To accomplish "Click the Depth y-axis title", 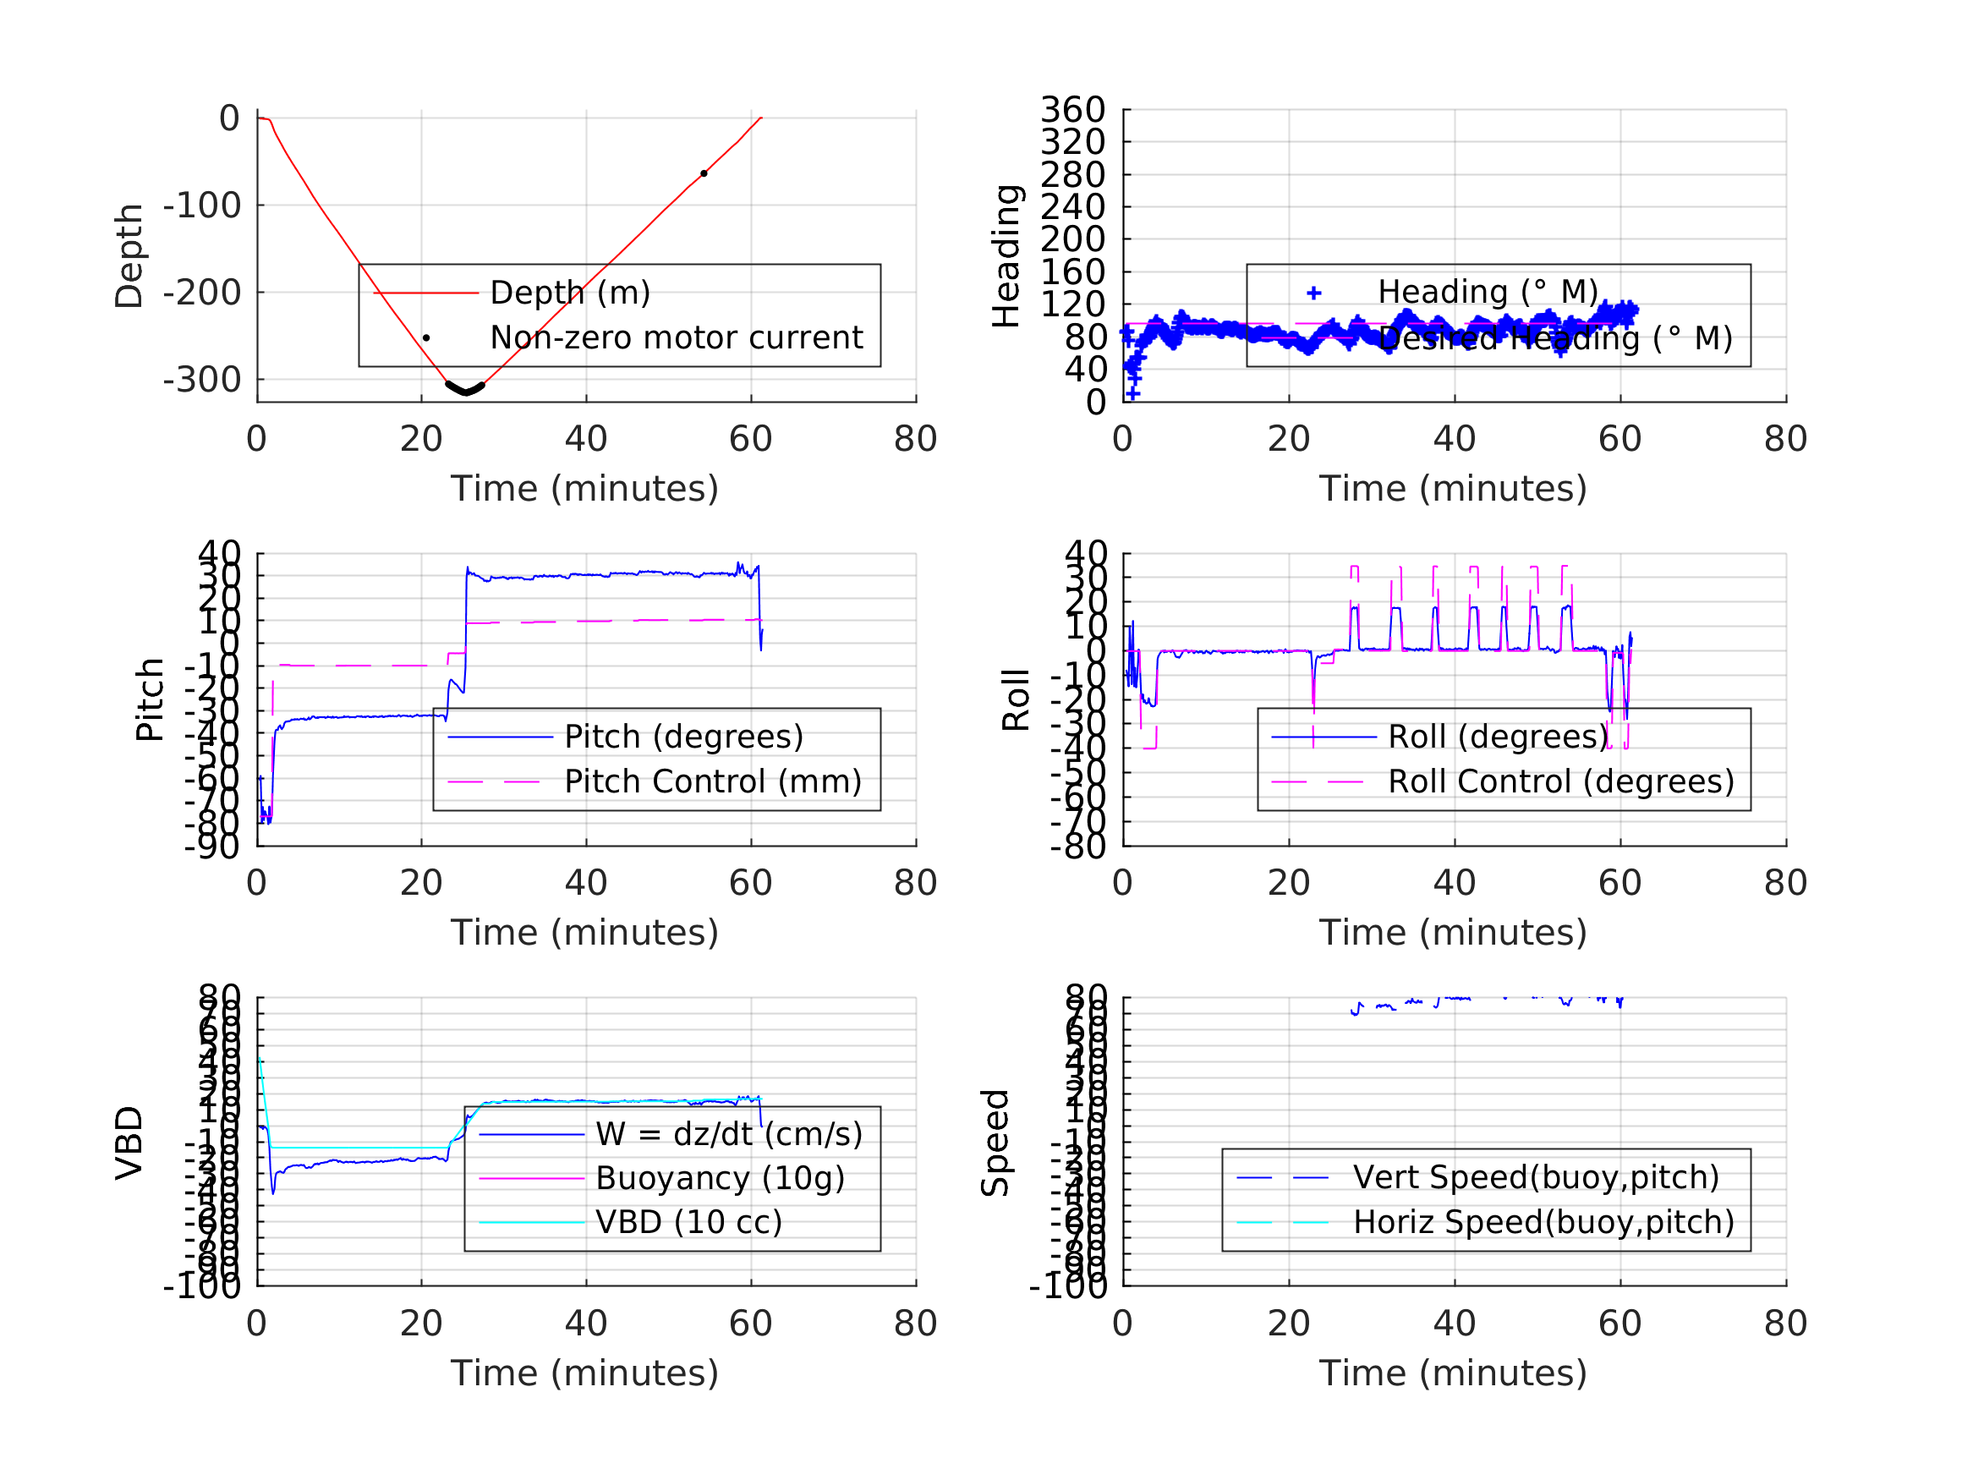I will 129,256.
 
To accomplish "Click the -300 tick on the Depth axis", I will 201,380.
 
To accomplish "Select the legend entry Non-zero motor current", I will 676,338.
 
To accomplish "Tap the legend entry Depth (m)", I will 570,293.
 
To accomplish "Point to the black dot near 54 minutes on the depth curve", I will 704,174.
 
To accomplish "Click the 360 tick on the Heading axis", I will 1072,110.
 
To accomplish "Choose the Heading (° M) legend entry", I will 1487,293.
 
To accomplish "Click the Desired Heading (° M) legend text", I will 1554,339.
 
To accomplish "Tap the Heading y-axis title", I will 1006,256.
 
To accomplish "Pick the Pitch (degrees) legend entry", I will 683,737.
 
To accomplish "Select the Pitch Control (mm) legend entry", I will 713,782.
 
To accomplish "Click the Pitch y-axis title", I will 150,699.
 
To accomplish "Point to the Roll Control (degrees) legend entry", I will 1561,782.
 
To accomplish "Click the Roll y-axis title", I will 1016,699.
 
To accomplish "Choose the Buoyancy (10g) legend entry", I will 720,1178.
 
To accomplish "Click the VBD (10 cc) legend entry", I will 688,1222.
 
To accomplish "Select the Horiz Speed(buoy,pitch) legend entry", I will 1543,1222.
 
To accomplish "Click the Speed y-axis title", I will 995,1143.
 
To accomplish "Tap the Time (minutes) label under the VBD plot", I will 584,1373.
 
